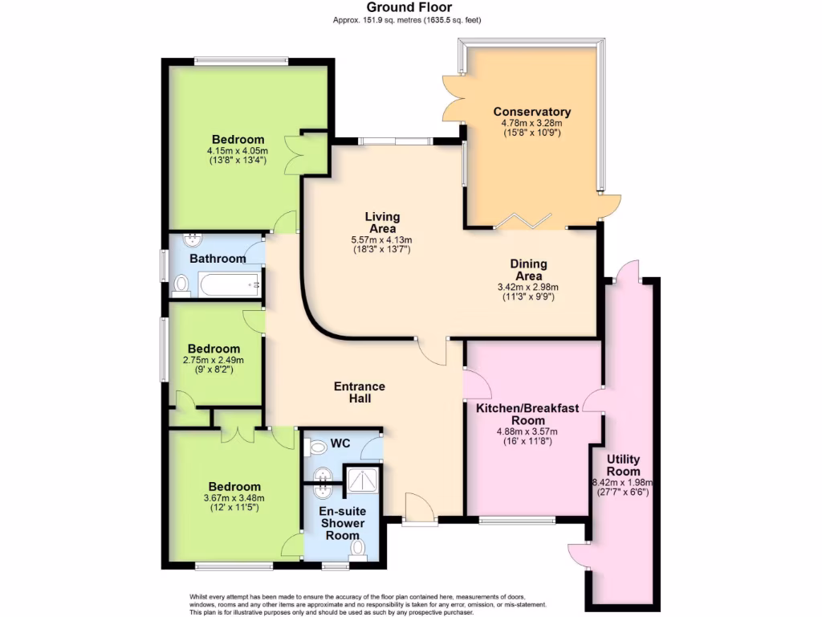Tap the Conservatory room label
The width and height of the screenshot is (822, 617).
pyautogui.click(x=531, y=112)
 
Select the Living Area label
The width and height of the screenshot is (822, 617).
pyautogui.click(x=381, y=223)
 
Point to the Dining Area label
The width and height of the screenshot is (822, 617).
pyautogui.click(x=528, y=269)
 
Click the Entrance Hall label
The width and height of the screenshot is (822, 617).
pyautogui.click(x=360, y=392)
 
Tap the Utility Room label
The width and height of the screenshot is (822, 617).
pyautogui.click(x=623, y=465)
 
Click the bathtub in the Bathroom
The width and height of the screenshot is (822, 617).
pyautogui.click(x=230, y=284)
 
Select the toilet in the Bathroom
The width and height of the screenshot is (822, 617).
pyautogui.click(x=181, y=284)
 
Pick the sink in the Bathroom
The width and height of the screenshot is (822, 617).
pyautogui.click(x=192, y=239)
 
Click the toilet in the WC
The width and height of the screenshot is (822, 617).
pyautogui.click(x=315, y=446)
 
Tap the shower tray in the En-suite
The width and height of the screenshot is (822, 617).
pyautogui.click(x=360, y=480)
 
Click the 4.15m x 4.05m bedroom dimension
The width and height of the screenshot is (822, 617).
pyautogui.click(x=237, y=150)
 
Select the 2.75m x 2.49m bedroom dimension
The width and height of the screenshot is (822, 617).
pyautogui.click(x=214, y=360)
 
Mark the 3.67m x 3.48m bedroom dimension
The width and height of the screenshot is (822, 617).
pyautogui.click(x=234, y=498)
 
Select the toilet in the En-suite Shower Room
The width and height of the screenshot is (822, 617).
pyautogui.click(x=357, y=549)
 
